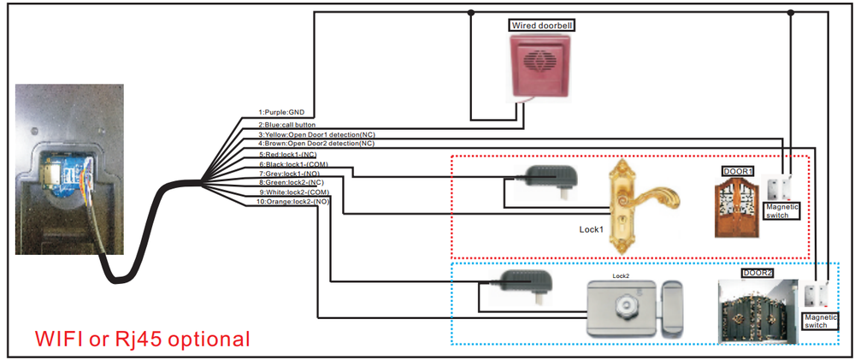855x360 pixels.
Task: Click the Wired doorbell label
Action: pyautogui.click(x=543, y=25)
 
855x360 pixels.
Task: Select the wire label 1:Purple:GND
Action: pyautogui.click(x=280, y=113)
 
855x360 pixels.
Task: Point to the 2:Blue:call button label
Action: pyautogui.click(x=286, y=125)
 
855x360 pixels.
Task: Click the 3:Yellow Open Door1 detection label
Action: pyautogui.click(x=317, y=134)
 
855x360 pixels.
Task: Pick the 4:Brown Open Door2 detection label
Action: pyautogui.click(x=317, y=144)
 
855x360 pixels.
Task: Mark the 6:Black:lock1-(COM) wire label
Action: pyautogui.click(x=293, y=164)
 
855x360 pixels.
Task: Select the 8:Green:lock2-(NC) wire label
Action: pyautogui.click(x=292, y=183)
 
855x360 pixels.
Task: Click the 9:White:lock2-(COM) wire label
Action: pyautogui.click(x=294, y=192)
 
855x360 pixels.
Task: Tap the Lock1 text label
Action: pyautogui.click(x=591, y=230)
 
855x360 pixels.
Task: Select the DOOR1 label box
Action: pyautogui.click(x=738, y=171)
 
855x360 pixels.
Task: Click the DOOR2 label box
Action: pyautogui.click(x=758, y=272)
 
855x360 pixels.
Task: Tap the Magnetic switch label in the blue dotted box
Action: pyautogui.click(x=820, y=321)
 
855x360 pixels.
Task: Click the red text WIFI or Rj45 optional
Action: pyautogui.click(x=143, y=338)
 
